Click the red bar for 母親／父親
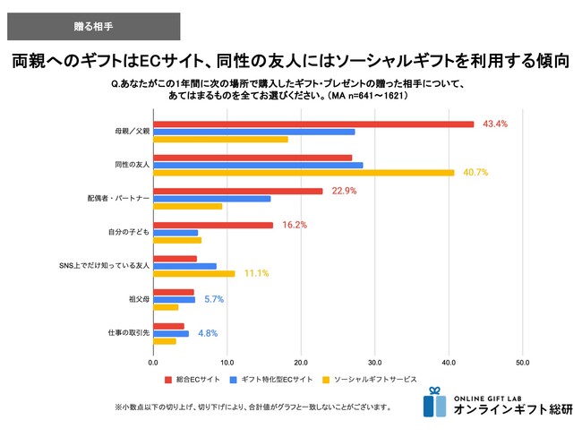click(x=313, y=124)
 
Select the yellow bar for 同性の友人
click(x=304, y=173)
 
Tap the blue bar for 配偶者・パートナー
click(x=211, y=199)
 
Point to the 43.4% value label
click(x=495, y=124)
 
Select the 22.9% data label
click(x=344, y=191)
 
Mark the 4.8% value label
click(x=208, y=333)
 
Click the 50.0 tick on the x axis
click(x=522, y=363)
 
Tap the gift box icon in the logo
click(x=434, y=402)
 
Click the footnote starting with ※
click(x=252, y=407)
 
